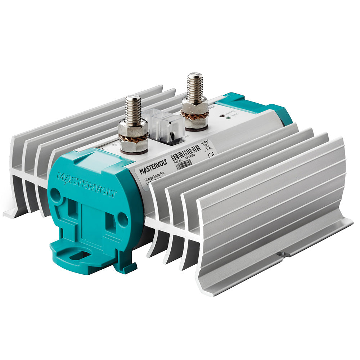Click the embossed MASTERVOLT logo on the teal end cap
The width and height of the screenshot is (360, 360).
(x=86, y=185)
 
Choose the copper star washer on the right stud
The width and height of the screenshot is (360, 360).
(x=195, y=115)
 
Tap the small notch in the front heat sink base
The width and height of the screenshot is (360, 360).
(x=283, y=254)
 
